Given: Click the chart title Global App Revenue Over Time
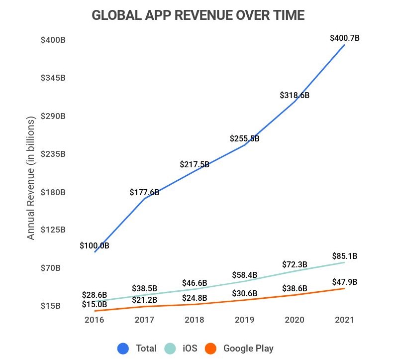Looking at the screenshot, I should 198,15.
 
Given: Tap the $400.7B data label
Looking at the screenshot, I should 345,38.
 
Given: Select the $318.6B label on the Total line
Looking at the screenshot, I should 295,95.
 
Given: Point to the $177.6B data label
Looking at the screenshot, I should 144,192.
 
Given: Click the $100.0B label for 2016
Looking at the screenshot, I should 94,245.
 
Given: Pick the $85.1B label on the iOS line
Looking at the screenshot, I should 345,257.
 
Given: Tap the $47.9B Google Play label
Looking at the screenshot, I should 345,282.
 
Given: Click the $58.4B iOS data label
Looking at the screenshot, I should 244,275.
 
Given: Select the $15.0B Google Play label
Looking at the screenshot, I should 94,304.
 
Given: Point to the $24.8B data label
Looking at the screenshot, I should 194,298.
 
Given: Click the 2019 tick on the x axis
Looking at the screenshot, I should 244,320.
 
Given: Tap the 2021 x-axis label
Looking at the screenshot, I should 344,320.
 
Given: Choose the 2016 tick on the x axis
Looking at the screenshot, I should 94,320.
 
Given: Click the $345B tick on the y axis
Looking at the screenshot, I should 53,78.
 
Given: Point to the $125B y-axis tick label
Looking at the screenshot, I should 53,230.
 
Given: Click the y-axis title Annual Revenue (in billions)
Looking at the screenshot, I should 31,179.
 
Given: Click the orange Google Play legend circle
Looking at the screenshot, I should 211,349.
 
